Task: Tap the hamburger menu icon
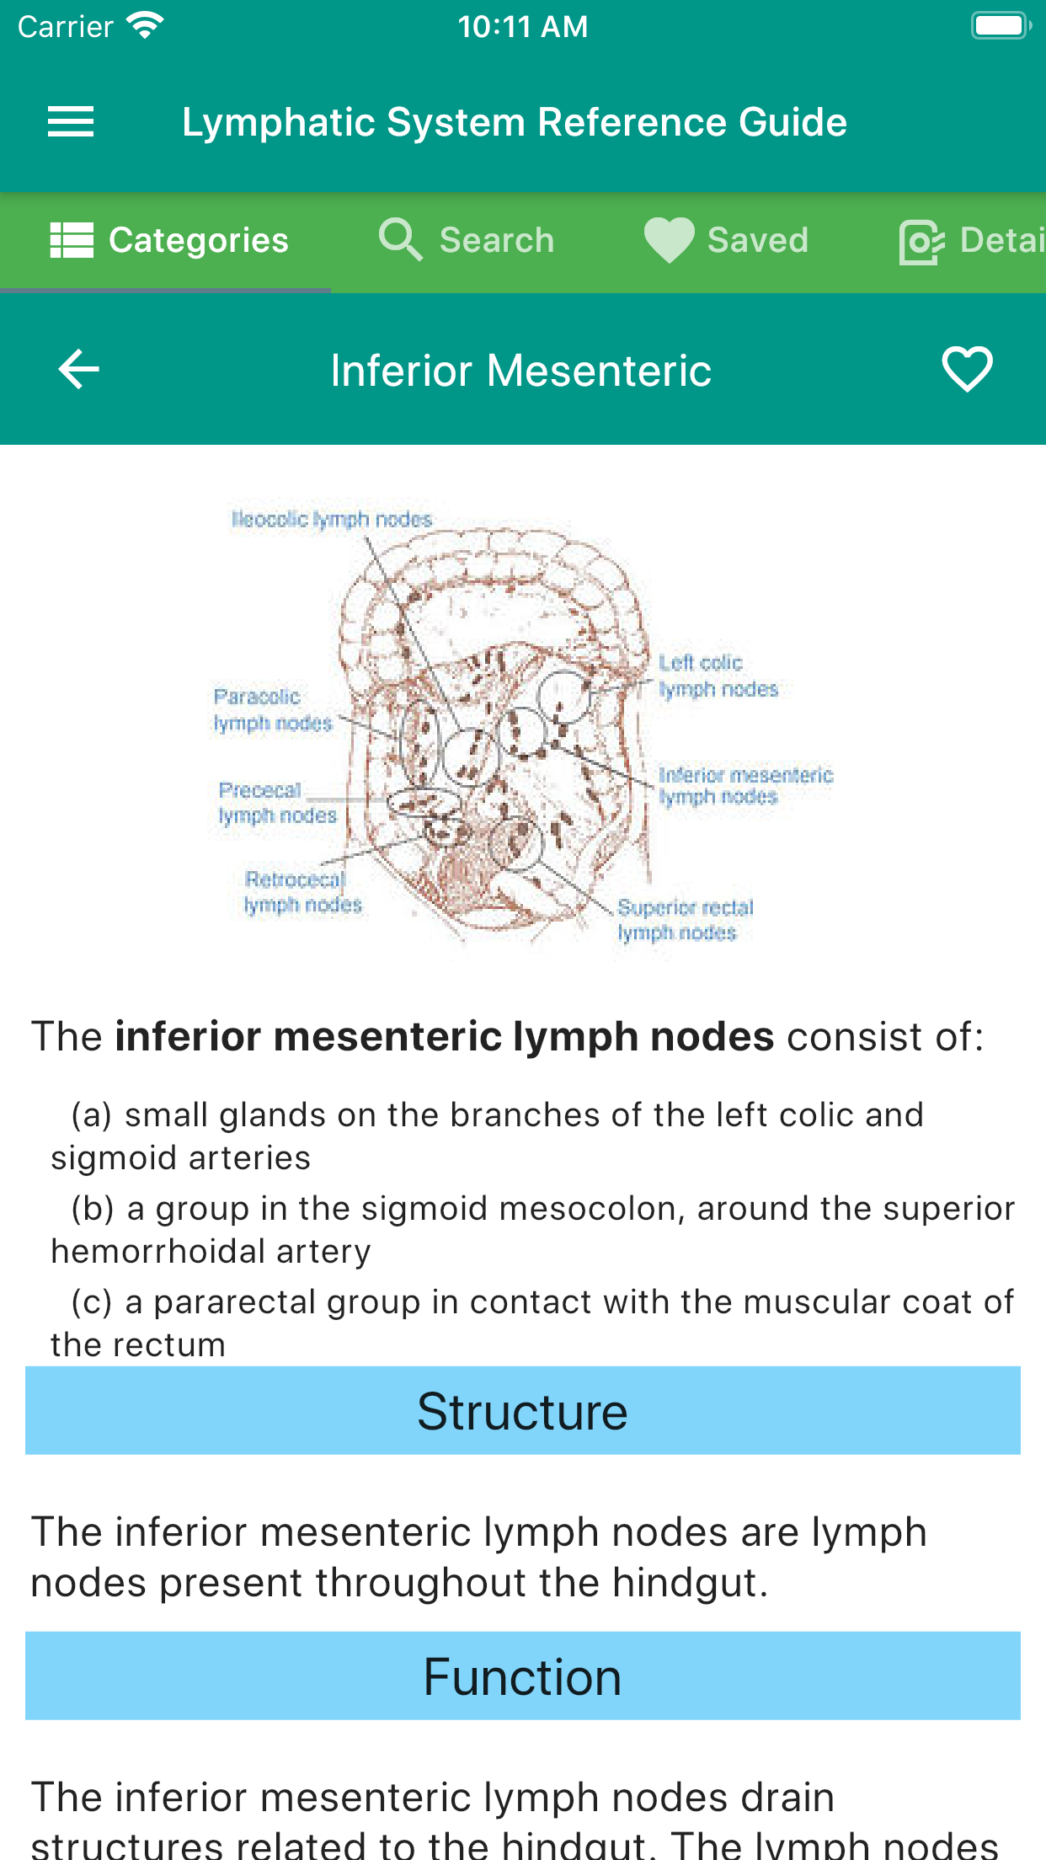pos(71,122)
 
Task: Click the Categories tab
pos(169,241)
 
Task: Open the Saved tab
pos(726,241)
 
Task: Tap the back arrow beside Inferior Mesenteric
pos(79,370)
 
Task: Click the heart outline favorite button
pos(967,370)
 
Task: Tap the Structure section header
pos(522,1411)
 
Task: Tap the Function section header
pos(522,1676)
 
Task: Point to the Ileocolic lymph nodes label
pos(332,519)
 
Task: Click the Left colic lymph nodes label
pos(718,676)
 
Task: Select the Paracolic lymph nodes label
pos(272,709)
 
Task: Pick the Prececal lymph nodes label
pos(277,803)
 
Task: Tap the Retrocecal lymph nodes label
pos(302,892)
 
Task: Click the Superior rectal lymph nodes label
pos(685,920)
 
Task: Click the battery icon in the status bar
pos(1001,26)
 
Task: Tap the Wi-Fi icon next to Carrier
pos(145,25)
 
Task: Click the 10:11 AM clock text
pos(522,27)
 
